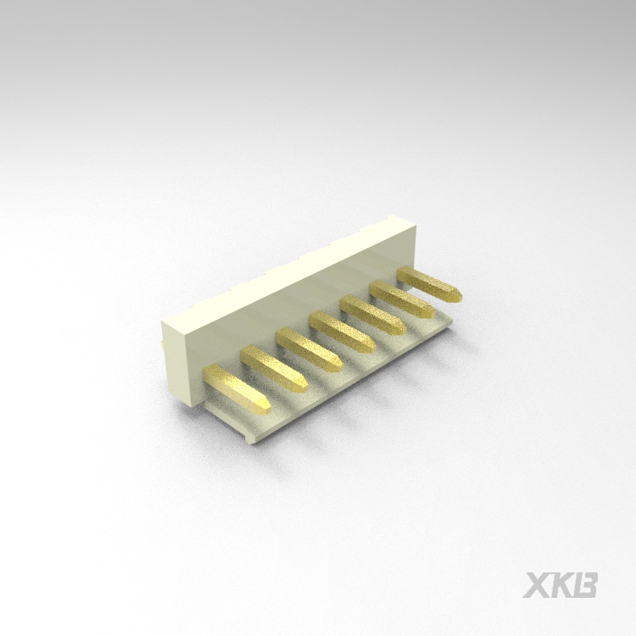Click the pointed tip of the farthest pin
click(x=458, y=295)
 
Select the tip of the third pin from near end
click(x=337, y=365)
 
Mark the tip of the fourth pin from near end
click(x=370, y=346)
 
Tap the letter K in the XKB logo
click(x=563, y=585)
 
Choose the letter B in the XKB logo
click(x=588, y=585)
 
